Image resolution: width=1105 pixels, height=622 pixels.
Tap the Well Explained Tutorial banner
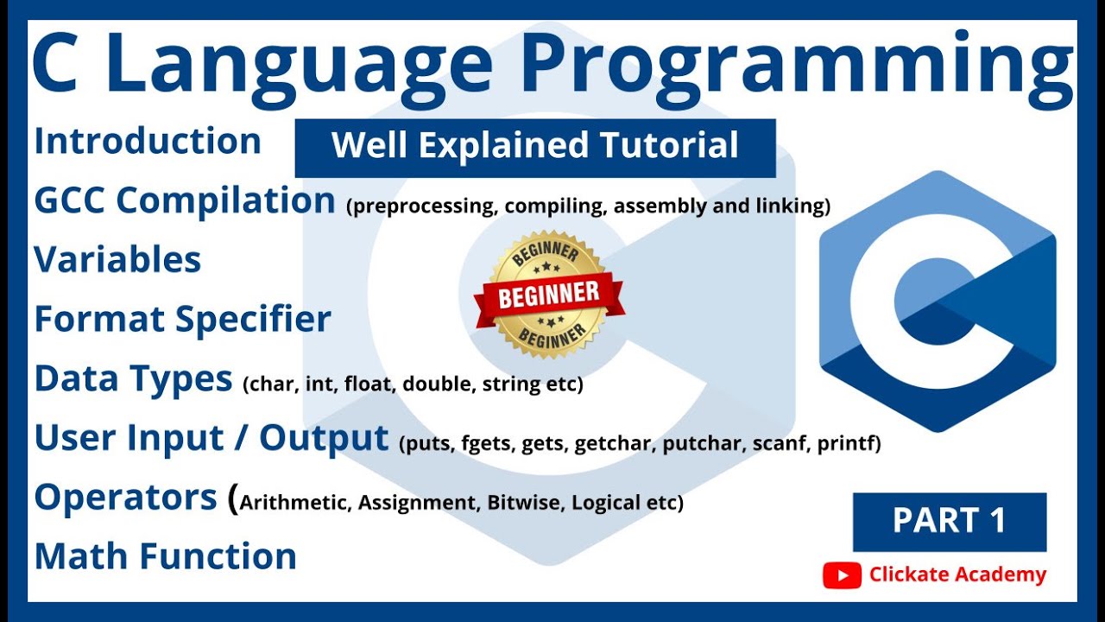coord(535,147)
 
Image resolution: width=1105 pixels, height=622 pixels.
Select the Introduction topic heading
coord(148,142)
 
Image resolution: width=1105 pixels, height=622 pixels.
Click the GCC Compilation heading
coord(185,201)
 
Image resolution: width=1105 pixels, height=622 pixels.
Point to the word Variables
coord(117,259)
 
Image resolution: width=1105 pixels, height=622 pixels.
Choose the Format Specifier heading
coord(182,320)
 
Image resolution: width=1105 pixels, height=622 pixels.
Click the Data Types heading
coord(134,379)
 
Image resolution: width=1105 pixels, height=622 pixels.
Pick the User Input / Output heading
coord(212,439)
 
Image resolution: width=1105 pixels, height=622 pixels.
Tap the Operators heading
coord(126,498)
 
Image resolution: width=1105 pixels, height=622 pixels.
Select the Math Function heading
coord(166,556)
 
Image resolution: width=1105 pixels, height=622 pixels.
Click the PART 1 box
coord(950,522)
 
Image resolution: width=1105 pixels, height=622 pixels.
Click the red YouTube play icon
coord(842,575)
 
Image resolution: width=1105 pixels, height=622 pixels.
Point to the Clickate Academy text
coord(957,575)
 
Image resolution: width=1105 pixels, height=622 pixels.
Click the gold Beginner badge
coord(549,295)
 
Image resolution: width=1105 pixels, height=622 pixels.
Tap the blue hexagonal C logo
coord(938,301)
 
